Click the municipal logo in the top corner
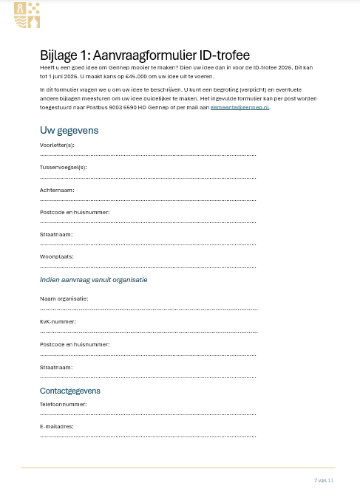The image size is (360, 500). coord(27,15)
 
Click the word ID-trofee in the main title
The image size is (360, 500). coord(220,55)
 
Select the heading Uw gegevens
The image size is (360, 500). coord(69,131)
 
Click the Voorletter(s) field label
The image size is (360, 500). coord(57,145)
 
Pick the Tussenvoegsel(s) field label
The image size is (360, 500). coord(63,167)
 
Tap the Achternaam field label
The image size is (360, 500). coord(56,190)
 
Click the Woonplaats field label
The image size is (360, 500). coord(56,256)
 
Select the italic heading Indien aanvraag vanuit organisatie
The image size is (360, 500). coord(93,280)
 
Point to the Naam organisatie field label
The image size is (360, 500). coord(64,298)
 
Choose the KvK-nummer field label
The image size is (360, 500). coord(58,321)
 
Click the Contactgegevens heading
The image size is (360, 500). coord(69,391)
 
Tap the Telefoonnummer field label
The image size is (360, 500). coord(63,404)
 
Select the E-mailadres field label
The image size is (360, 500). coord(57,426)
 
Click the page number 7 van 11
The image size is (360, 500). coord(324,480)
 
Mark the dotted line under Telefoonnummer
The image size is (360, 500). coord(148,414)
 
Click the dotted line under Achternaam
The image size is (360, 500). coord(148,200)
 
